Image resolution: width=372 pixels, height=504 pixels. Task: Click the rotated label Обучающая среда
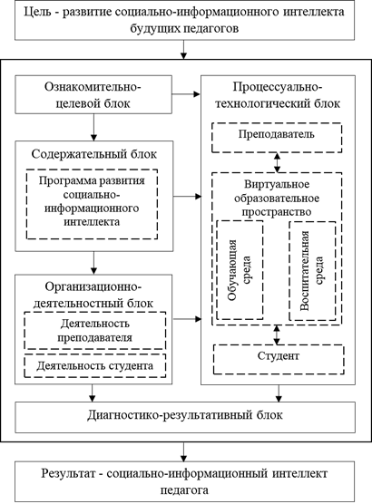(240, 270)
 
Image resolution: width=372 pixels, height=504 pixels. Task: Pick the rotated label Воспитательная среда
(311, 271)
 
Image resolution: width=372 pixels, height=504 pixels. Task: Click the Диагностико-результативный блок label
(185, 415)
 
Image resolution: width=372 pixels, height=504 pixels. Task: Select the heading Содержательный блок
(94, 154)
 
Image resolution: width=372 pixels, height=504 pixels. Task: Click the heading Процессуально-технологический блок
(278, 95)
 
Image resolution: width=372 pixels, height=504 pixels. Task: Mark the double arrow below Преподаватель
(277, 163)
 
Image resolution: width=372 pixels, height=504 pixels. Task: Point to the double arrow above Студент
(277, 334)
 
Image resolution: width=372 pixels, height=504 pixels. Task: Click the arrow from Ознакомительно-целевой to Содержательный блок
(93, 127)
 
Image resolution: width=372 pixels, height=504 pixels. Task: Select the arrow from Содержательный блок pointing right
(187, 196)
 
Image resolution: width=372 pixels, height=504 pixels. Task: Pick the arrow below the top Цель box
(183, 50)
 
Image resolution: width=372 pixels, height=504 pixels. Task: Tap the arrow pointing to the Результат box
(183, 451)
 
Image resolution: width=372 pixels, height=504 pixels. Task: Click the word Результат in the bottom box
(68, 473)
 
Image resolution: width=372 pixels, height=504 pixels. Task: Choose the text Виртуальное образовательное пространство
(277, 198)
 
